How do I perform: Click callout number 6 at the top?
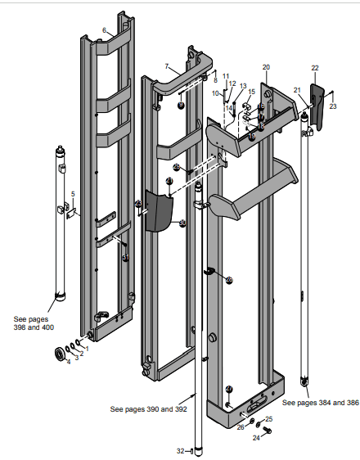104,30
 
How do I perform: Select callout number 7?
166,65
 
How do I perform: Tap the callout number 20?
265,66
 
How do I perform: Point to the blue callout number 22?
315,67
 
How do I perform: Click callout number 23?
333,106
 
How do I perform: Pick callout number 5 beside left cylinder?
73,194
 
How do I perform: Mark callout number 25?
269,419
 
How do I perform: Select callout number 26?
241,426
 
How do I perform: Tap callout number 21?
298,89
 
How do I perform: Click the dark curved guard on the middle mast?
159,212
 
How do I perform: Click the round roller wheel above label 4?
61,354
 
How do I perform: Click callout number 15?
251,92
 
